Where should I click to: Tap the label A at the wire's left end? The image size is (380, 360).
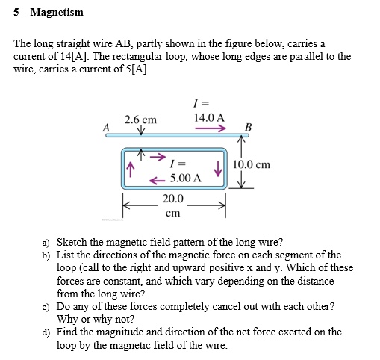pos(106,128)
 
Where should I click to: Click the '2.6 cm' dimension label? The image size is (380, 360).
pos(141,119)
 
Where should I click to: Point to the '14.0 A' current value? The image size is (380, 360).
pos(209,117)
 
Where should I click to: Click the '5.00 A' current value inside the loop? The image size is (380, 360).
pos(185,178)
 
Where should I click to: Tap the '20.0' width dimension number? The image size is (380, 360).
pos(172,199)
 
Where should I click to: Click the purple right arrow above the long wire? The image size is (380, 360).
pos(211,128)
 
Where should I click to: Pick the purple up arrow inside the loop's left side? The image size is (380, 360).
pos(131,169)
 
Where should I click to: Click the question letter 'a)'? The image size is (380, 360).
pos(46,243)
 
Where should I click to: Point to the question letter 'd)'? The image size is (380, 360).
pos(46,332)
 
